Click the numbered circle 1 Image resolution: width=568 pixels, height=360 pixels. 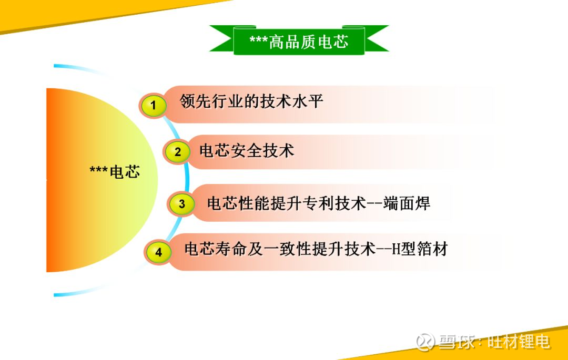tap(154, 106)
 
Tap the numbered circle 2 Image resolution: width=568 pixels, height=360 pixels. tap(178, 152)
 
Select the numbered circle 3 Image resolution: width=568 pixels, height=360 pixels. tap(181, 204)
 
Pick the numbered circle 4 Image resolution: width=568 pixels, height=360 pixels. tap(159, 252)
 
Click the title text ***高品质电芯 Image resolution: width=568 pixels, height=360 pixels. tap(299, 42)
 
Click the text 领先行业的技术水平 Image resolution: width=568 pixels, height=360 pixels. tap(251, 101)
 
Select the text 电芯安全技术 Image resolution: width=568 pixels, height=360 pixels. tap(247, 151)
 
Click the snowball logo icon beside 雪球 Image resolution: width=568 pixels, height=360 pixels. tap(425, 342)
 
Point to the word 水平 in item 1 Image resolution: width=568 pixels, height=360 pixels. tap(310, 101)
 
